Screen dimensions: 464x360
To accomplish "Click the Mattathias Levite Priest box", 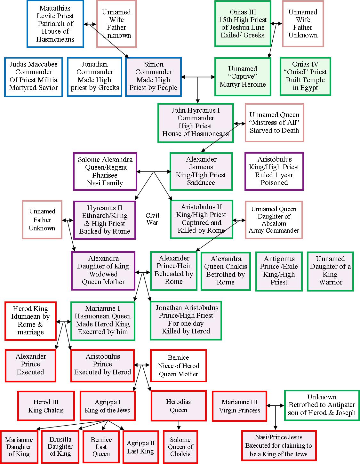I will (55, 24).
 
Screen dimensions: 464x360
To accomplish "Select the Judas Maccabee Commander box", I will (34, 76).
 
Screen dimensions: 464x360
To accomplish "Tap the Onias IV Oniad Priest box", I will (305, 76).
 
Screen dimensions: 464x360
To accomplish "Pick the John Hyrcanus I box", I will (196, 123).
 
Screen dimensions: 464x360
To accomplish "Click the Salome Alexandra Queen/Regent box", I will (105, 171).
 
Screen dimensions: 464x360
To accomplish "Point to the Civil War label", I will (152, 219).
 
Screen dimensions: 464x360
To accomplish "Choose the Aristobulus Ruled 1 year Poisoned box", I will (274, 171).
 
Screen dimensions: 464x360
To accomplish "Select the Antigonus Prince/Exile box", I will (279, 271).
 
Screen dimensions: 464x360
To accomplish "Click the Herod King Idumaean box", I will (30, 321).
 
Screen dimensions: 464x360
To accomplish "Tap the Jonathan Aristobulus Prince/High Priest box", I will (186, 320).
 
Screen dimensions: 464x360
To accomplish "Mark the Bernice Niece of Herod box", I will (178, 366).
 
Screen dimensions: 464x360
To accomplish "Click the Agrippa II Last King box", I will (140, 447).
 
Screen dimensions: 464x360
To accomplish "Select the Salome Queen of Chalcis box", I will (180, 447).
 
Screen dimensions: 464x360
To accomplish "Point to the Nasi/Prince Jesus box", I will (278, 446).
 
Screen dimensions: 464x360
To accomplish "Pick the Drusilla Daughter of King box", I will (60, 446).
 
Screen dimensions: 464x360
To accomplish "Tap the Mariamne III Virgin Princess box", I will (239, 406).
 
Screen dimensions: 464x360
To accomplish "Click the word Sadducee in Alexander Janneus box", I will (201, 183).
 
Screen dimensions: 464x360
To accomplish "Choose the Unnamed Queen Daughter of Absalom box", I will (274, 220).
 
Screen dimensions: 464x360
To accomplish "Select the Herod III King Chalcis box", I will (46, 406).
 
